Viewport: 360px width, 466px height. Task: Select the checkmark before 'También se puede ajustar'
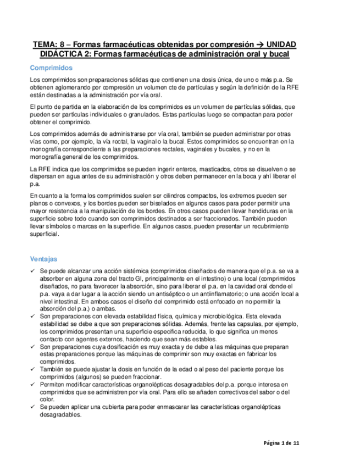pyautogui.click(x=32, y=370)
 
